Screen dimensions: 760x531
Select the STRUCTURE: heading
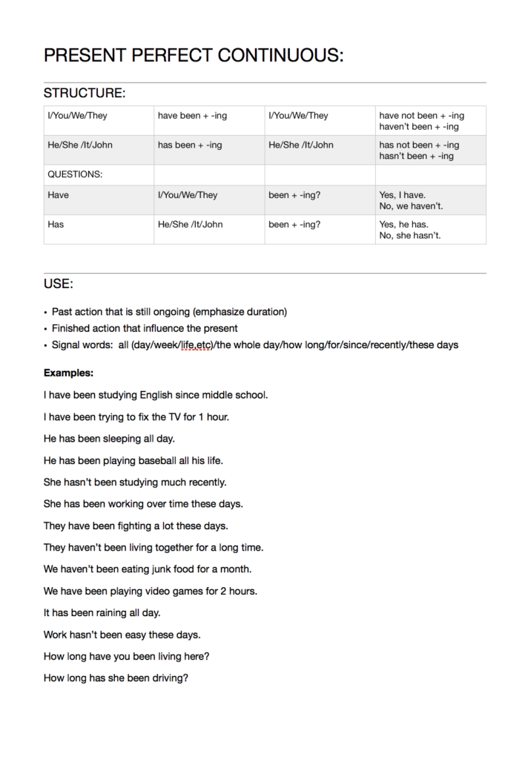point(85,93)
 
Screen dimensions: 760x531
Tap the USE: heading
point(59,284)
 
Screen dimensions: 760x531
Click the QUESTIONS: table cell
point(75,174)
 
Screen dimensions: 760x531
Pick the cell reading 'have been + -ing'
point(190,116)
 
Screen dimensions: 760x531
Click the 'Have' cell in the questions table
point(59,195)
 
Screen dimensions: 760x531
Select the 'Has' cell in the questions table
point(56,224)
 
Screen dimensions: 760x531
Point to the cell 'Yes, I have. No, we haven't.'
point(411,200)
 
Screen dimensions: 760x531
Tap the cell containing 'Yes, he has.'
point(404,224)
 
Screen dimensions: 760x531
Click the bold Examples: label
point(68,373)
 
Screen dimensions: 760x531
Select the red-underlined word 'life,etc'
point(194,345)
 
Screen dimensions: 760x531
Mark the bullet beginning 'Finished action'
point(145,328)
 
